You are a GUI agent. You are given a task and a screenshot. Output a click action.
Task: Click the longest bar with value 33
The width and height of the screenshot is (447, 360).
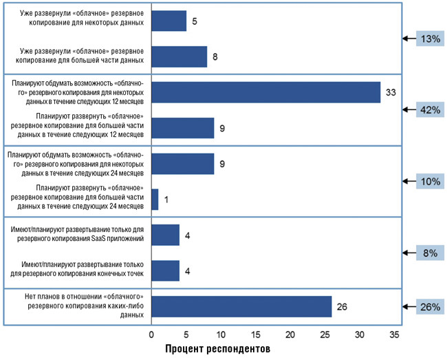265,92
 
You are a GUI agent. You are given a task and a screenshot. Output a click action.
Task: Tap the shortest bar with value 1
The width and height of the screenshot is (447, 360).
155,200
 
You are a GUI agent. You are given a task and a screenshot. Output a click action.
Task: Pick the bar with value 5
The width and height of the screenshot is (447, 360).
168,21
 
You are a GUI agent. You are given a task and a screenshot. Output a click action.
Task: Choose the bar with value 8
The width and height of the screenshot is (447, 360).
179,56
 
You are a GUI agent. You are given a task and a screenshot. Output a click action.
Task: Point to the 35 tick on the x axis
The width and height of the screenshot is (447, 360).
394,335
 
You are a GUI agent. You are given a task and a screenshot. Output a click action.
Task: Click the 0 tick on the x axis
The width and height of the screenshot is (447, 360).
151,335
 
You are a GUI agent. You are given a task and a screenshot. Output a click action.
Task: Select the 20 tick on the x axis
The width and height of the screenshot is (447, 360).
290,335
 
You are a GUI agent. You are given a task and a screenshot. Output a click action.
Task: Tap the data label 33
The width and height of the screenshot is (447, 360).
391,92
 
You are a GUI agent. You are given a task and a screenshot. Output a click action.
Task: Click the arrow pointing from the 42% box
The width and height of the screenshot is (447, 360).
406,109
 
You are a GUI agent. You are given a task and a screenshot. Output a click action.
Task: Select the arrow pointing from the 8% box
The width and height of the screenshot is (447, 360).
406,253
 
